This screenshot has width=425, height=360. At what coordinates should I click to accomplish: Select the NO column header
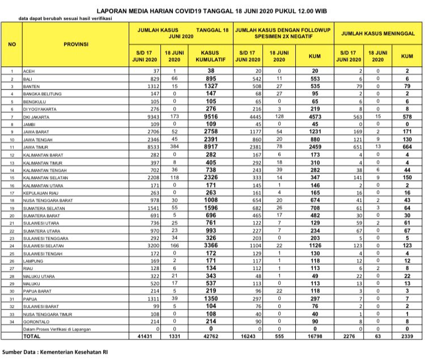pyautogui.click(x=11, y=44)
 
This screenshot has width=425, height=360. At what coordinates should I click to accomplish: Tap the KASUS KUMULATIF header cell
pyautogui.click(x=210, y=56)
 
